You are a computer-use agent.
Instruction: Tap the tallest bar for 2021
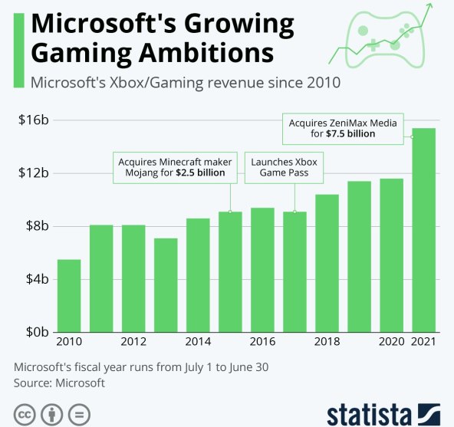click(x=423, y=230)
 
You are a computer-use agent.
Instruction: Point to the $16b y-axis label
click(x=33, y=120)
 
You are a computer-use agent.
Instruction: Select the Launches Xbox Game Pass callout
click(x=285, y=167)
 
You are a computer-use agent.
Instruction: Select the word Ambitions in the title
click(x=197, y=54)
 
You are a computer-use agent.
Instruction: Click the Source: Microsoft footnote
click(x=60, y=382)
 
